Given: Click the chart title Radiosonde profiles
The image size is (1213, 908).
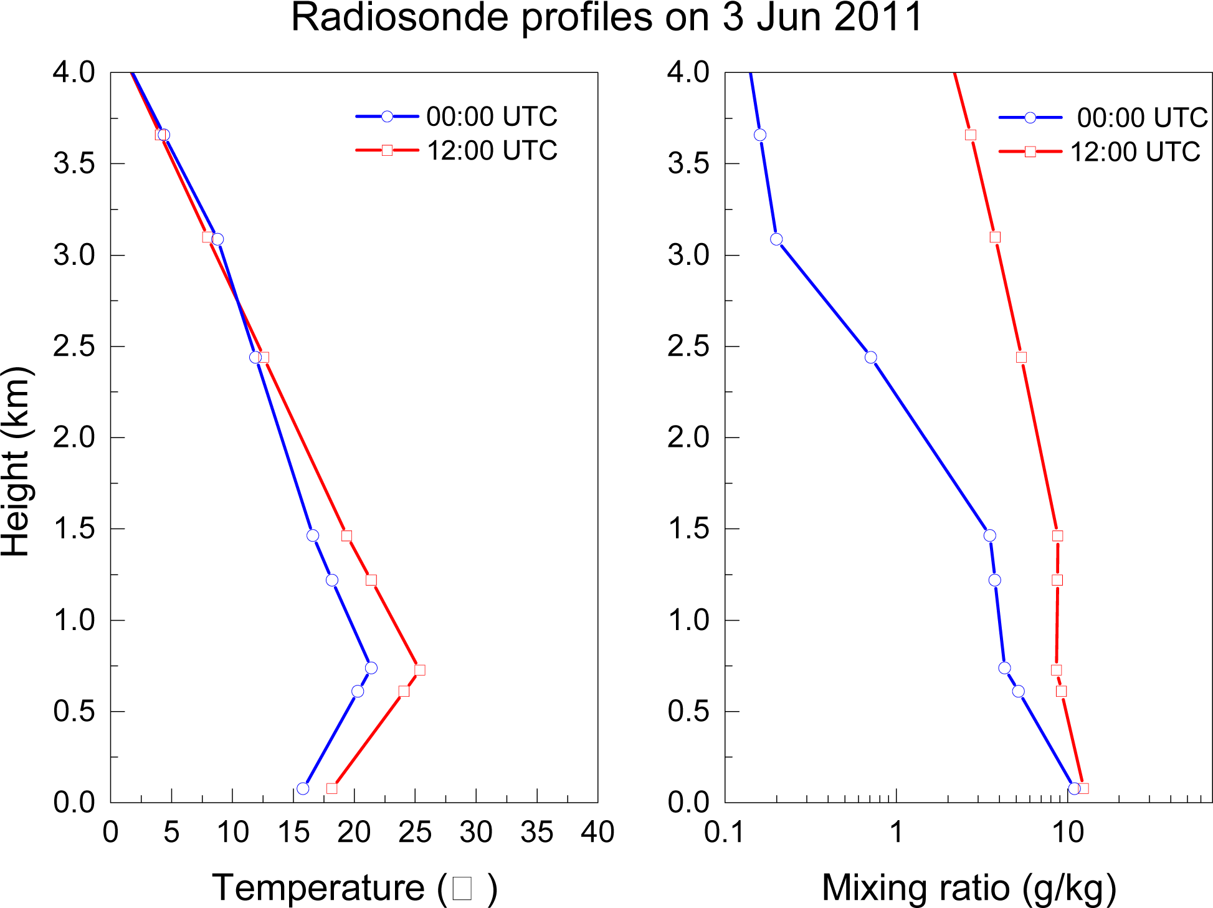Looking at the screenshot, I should (x=606, y=17).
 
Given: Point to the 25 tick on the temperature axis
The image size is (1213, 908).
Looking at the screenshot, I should (x=415, y=832).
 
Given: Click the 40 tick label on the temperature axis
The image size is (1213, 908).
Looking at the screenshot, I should (x=597, y=832).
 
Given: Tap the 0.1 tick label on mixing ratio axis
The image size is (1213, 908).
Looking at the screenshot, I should (x=724, y=832).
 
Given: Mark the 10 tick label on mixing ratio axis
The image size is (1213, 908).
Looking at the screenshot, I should (x=1068, y=832).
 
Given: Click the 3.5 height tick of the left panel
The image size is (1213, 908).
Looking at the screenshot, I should (x=74, y=164).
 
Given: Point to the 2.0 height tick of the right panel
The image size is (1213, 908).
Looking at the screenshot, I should (x=688, y=437).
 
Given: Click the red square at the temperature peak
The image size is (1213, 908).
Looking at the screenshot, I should (x=420, y=670).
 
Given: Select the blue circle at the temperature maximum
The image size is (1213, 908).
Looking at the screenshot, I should (x=371, y=668).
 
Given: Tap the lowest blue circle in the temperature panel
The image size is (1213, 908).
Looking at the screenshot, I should (x=303, y=788).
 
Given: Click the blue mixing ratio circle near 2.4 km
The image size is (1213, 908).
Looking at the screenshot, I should (x=871, y=357).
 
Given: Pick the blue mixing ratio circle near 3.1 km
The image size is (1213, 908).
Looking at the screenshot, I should (x=776, y=239).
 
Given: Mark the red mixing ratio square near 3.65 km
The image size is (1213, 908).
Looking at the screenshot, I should (x=971, y=135).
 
